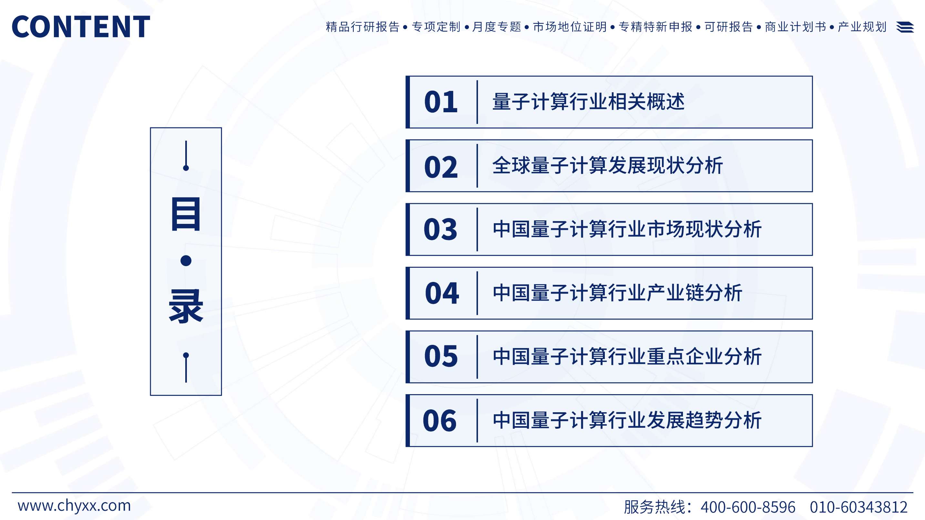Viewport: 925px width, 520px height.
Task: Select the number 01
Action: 441,102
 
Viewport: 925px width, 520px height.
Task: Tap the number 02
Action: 441,167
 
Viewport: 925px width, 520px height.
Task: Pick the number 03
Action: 441,229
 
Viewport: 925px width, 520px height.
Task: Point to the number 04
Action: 442,293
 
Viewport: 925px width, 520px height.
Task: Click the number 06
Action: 440,421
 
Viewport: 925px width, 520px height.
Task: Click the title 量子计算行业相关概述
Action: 589,102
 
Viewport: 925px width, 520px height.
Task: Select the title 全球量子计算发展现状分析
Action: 607,165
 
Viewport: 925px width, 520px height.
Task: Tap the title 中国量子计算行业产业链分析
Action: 618,293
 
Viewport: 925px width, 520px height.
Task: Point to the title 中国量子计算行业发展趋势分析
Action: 627,420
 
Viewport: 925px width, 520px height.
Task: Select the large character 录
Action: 186,306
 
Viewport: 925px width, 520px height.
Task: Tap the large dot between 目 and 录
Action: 186,261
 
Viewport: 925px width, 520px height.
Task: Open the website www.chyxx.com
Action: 74,506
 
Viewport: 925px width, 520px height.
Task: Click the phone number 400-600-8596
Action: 748,507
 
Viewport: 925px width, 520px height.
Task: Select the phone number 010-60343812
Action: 859,507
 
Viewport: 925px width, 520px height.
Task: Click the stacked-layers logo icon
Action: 905,27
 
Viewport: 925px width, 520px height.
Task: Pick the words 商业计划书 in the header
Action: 795,27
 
